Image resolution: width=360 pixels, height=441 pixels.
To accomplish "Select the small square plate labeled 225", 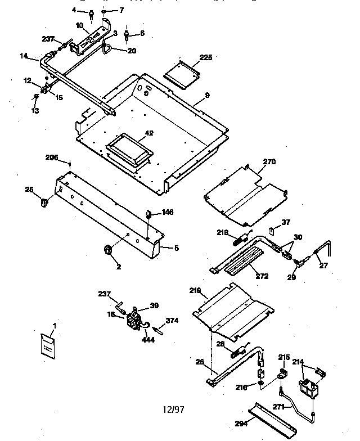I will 182,74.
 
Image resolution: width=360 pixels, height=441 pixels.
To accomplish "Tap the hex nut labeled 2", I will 107,249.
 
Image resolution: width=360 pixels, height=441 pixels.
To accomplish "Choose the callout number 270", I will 269,161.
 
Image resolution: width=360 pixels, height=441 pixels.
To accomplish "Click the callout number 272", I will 262,276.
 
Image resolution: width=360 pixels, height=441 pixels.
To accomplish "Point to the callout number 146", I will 168,212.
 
